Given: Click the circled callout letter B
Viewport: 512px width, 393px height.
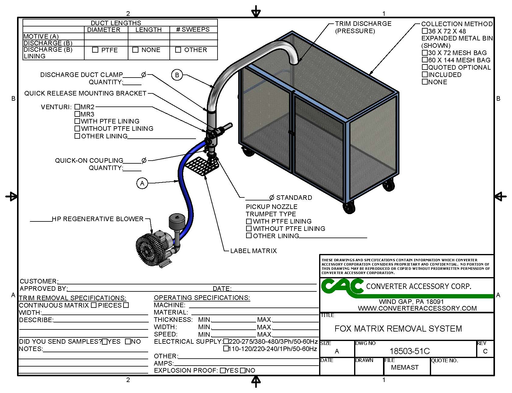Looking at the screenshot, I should pos(177,75).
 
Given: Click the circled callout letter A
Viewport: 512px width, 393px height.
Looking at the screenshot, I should pos(142,183).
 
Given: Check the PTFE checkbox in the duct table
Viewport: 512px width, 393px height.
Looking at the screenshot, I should pos(95,50).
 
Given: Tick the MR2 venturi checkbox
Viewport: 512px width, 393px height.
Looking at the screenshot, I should pos(77,107).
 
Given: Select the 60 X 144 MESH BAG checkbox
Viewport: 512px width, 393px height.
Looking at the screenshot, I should pos(425,60).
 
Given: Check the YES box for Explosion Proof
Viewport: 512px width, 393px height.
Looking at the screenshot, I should pos(223,370).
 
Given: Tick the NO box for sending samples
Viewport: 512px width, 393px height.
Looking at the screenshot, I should pos(128,342).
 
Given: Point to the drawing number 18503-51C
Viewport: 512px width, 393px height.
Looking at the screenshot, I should pos(409,351).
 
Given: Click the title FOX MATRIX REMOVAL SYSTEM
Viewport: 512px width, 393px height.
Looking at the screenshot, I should pos(398,329).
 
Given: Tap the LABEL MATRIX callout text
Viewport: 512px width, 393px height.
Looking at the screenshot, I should pos(253,251).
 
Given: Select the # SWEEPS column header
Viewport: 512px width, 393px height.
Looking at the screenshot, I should pos(193,30).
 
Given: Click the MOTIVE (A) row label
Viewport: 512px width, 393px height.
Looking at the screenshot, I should pos(41,36).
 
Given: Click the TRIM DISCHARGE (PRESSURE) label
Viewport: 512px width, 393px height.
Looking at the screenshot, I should pos(363,27).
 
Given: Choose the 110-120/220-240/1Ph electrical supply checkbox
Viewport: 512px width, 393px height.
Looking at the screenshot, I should pos(226,349).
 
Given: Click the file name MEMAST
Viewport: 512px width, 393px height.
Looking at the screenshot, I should pos(405,367).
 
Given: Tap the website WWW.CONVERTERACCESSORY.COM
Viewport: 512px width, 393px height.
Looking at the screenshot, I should pos(417,308).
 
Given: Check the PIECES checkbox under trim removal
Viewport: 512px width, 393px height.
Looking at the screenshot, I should pos(126,305).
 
